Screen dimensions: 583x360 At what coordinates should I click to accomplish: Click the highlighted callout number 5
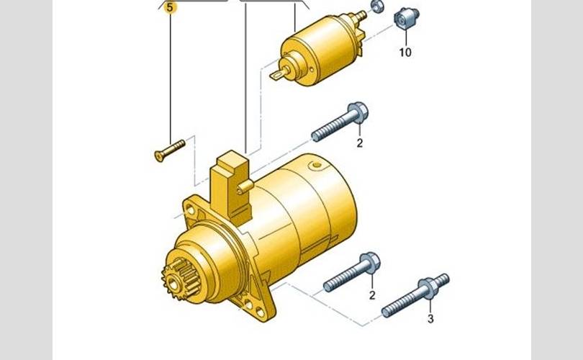click(170, 7)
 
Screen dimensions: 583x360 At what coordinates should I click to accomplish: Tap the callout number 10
click(405, 52)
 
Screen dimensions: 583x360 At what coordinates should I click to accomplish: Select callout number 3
click(430, 319)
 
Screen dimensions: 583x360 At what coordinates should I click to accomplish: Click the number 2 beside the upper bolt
click(360, 143)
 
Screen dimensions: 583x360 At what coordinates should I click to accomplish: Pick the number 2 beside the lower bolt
click(372, 295)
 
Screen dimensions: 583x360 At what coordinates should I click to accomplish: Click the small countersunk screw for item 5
click(170, 150)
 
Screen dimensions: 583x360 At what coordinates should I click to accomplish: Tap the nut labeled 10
click(407, 18)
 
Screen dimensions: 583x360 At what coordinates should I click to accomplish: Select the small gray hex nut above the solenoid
click(377, 6)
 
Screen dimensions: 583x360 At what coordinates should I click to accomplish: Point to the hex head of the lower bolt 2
click(370, 263)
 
